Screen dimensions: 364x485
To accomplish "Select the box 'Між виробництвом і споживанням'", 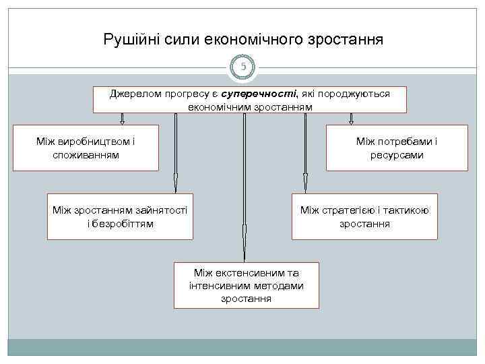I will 86,148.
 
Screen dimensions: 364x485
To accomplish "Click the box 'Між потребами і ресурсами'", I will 396,148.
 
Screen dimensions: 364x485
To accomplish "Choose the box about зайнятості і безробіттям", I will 121,216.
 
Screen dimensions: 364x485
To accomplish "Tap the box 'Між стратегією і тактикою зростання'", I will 364,216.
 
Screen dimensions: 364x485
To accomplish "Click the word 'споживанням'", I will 86,155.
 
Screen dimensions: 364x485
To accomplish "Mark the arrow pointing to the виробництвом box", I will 122,119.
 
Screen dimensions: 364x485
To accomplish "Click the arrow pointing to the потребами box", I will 351,119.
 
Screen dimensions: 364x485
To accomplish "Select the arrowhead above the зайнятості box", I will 176,183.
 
